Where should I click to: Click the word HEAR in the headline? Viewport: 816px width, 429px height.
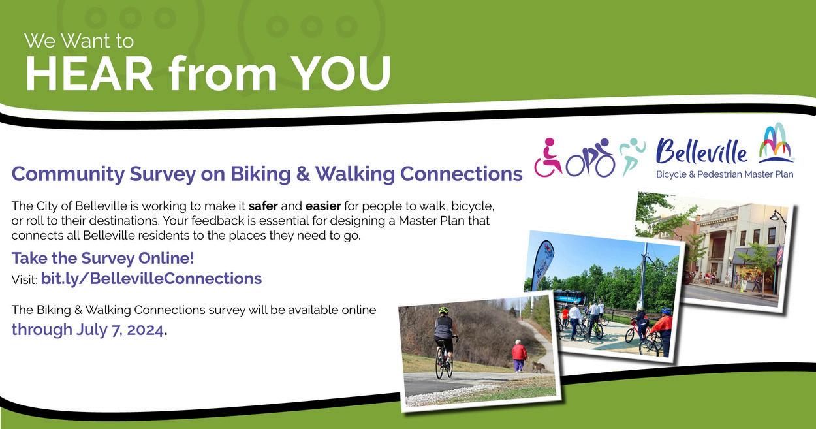[89, 74]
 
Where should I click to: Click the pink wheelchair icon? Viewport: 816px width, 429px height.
[548, 157]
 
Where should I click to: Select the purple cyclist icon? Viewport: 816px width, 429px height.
[591, 158]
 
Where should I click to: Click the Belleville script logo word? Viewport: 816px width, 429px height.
[701, 151]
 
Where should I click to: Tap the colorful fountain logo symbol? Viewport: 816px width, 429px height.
[776, 143]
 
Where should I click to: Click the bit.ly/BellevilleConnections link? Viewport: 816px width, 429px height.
[151, 279]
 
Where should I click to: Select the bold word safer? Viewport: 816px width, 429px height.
[263, 206]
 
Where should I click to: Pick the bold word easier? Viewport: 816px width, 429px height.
[323, 206]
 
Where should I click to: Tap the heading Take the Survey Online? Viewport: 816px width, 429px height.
[102, 259]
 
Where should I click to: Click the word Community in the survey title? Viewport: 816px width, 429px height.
[68, 174]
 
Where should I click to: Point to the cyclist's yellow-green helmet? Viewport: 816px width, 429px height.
[443, 311]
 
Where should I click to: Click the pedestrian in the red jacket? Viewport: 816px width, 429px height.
[519, 355]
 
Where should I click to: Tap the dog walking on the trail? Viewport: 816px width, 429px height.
[537, 366]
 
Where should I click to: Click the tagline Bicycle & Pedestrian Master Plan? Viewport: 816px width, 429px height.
[725, 174]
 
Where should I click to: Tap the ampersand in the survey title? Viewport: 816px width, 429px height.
[303, 174]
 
